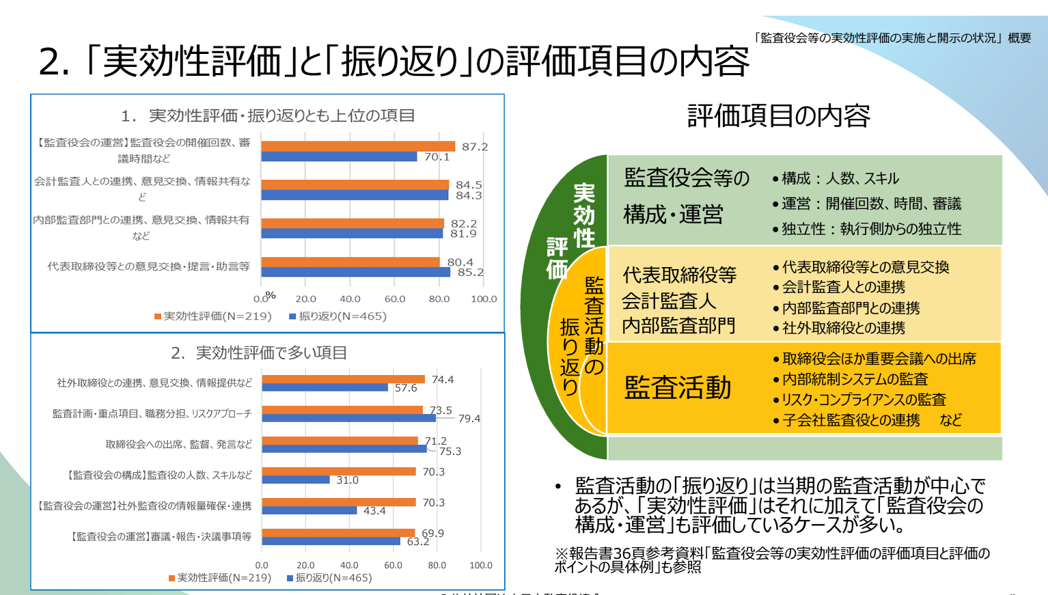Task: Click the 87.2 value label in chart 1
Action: [x=475, y=147]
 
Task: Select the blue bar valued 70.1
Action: [x=339, y=156]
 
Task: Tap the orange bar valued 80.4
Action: [x=350, y=262]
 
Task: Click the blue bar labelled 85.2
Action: [x=355, y=272]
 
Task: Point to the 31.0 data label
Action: [x=347, y=480]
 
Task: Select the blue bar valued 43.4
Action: [x=309, y=510]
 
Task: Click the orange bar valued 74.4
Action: [x=343, y=379]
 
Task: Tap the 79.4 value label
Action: [x=469, y=419]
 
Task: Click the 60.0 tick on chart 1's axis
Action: [x=395, y=299]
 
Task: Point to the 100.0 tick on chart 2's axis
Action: [x=480, y=565]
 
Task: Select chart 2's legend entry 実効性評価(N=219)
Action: [x=220, y=578]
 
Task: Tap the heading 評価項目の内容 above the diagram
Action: [x=778, y=116]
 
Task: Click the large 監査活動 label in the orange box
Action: [x=678, y=387]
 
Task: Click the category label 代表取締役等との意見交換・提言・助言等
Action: [x=148, y=266]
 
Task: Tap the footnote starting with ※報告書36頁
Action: [x=772, y=559]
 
